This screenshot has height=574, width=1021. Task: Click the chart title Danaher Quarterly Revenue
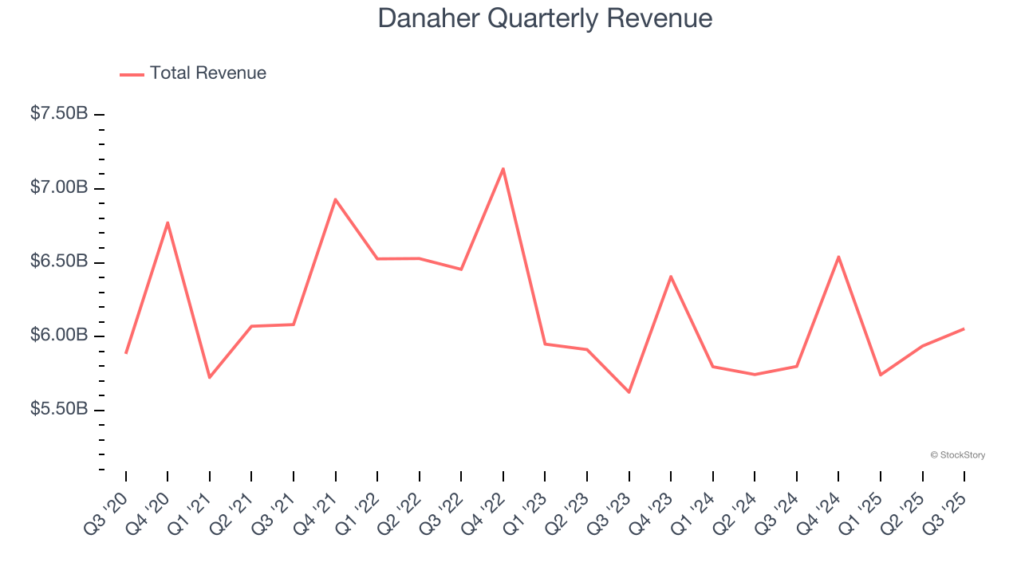[x=545, y=18]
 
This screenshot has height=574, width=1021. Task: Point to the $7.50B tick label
[x=59, y=114]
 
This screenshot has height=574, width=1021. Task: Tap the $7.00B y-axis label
[x=59, y=188]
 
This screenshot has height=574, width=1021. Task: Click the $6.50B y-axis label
[x=59, y=262]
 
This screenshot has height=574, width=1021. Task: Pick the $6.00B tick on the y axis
[x=59, y=336]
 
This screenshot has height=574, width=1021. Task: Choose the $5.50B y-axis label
[x=59, y=410]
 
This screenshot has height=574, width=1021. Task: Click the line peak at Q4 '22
[x=503, y=168]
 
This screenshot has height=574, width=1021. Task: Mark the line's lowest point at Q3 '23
[x=629, y=392]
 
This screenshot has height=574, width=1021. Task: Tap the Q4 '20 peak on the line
[x=168, y=222]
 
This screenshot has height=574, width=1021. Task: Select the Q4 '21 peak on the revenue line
[x=335, y=199]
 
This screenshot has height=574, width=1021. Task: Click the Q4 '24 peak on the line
[x=838, y=257]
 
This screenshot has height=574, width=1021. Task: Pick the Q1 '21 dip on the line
[x=210, y=377]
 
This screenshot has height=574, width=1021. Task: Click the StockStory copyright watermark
[x=957, y=455]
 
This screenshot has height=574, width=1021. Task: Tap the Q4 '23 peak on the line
[x=671, y=277]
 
